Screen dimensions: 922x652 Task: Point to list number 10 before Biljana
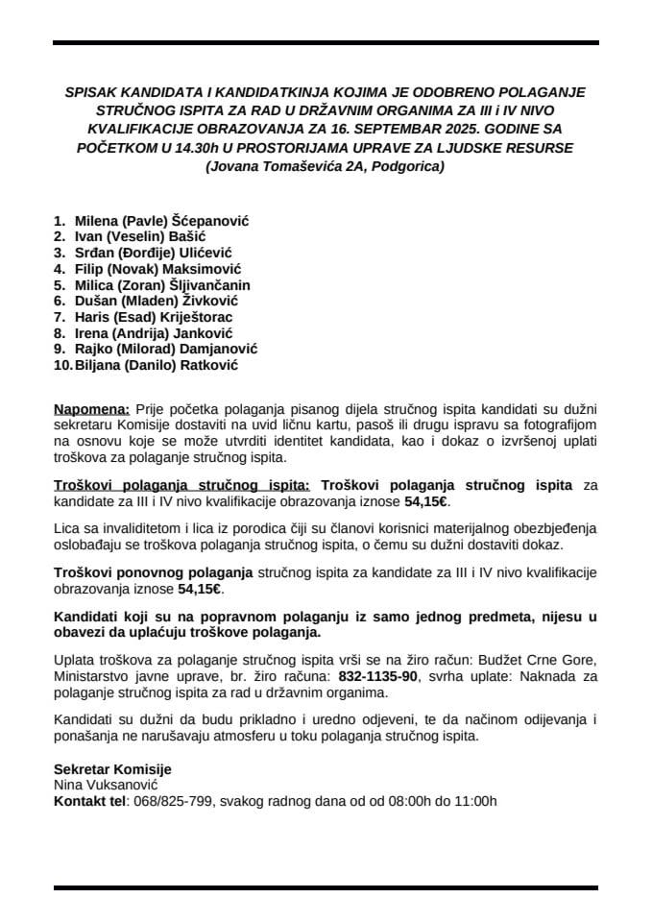coord(62,365)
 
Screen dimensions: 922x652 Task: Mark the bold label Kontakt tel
coord(90,802)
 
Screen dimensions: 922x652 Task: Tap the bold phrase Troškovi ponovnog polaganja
coord(154,573)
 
